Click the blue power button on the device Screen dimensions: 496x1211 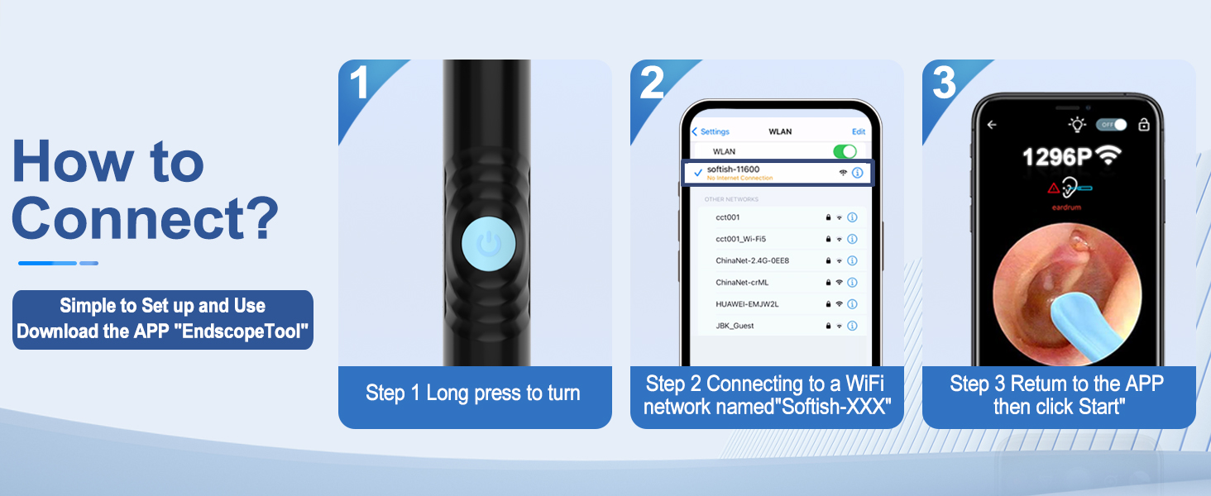488,245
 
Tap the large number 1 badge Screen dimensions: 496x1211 359,83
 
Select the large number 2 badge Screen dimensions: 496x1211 651,83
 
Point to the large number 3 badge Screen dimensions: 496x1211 944,83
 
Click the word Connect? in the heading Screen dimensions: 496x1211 145,217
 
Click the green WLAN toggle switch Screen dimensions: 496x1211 845,151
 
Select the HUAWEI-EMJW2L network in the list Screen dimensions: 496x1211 747,303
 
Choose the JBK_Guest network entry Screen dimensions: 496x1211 735,326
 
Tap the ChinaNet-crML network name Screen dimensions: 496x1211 742,282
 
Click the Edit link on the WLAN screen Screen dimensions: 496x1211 859,131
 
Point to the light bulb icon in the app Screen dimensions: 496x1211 1077,125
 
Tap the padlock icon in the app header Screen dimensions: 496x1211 1144,125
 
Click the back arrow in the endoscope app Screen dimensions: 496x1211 992,125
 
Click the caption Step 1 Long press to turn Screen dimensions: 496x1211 473,393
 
